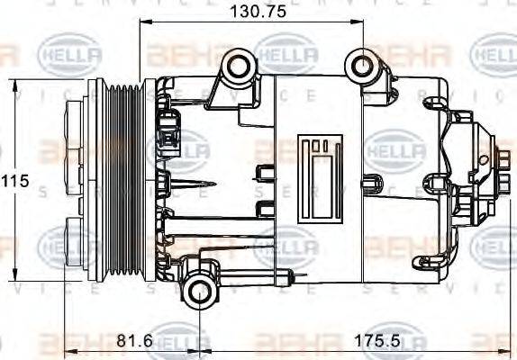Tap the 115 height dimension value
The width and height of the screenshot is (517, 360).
point(14,181)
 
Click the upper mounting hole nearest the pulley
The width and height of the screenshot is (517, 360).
point(238,66)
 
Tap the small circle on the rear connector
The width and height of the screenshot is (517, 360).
point(484,160)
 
